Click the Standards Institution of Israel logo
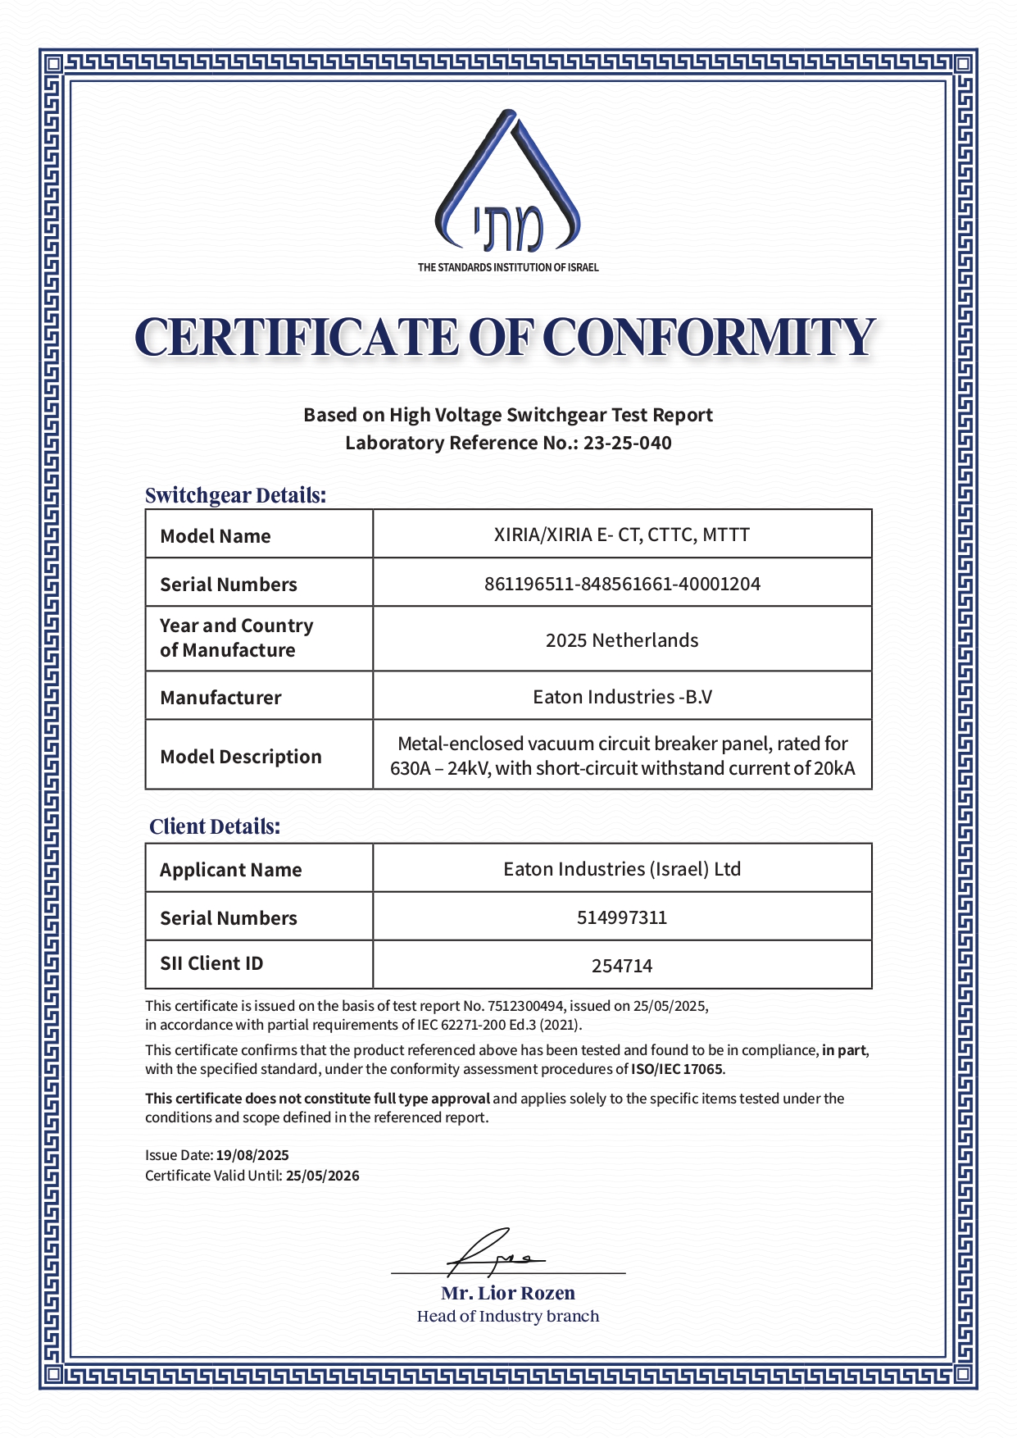tap(508, 185)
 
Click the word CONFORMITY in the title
tap(709, 338)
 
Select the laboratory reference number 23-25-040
tap(627, 443)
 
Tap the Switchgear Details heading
tap(235, 495)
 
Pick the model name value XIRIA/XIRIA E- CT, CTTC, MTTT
tap(622, 535)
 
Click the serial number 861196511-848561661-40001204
tap(622, 584)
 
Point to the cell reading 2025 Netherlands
tap(622, 639)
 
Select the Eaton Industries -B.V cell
tap(622, 697)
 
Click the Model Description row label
tap(241, 756)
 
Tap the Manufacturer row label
tap(220, 698)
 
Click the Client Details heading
tap(215, 826)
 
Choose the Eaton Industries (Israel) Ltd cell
tap(622, 868)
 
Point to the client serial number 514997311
tap(622, 917)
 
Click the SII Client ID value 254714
tap(622, 966)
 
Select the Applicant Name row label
tap(231, 870)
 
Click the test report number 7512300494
tap(526, 1006)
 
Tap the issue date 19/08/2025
tap(252, 1155)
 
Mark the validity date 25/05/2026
tap(323, 1176)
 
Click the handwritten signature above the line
tap(492, 1253)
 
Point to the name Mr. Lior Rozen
tap(508, 1293)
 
